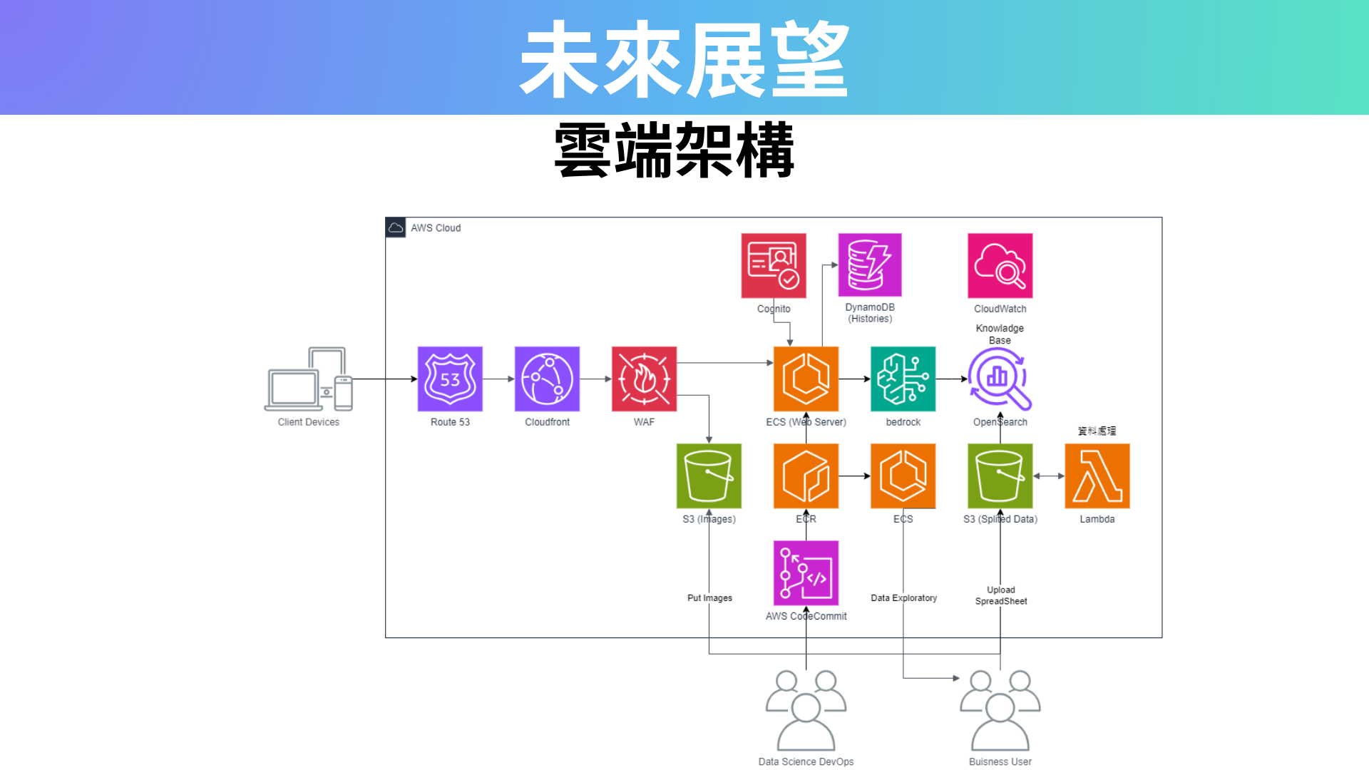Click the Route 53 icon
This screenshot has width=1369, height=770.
(x=450, y=379)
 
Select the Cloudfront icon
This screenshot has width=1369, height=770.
(x=547, y=379)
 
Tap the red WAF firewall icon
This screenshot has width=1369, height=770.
(x=644, y=379)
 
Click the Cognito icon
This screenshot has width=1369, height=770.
(x=774, y=265)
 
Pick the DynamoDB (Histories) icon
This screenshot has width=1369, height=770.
(x=870, y=265)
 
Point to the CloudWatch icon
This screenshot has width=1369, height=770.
(x=1000, y=265)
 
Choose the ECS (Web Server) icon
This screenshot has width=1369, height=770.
(x=806, y=379)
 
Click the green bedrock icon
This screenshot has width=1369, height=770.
(x=903, y=379)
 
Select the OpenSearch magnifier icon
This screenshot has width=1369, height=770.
(x=1000, y=379)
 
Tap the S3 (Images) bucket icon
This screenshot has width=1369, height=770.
(x=709, y=476)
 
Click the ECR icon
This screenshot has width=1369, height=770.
(x=806, y=476)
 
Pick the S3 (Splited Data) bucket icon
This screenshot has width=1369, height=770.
(x=1000, y=476)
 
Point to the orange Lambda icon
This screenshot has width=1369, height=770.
(x=1097, y=476)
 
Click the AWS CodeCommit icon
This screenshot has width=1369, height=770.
(x=806, y=573)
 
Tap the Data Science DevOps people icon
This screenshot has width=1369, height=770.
(x=806, y=710)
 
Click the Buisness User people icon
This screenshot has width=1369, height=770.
(x=1000, y=710)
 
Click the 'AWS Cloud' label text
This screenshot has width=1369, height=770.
(x=436, y=228)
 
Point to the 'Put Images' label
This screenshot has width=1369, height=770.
(x=709, y=598)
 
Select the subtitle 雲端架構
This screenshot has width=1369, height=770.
(x=675, y=150)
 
